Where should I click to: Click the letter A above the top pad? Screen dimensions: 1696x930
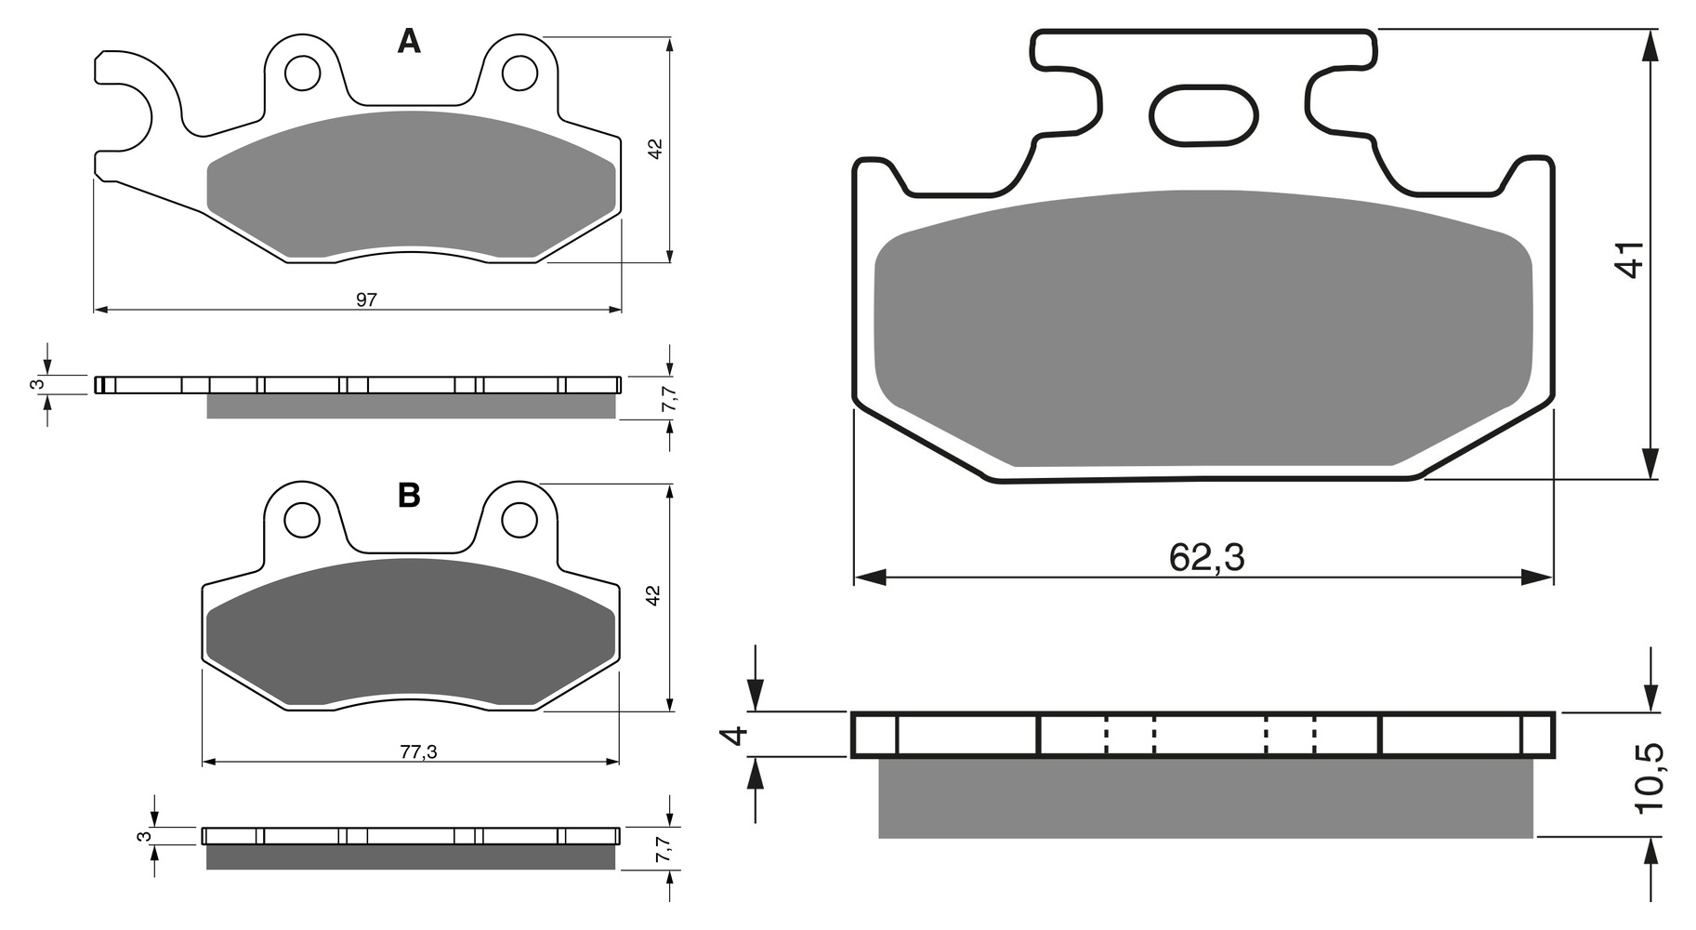point(409,41)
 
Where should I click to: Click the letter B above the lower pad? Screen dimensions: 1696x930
point(409,496)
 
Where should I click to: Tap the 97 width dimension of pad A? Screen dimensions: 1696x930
point(366,299)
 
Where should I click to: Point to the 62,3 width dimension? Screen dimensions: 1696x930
point(1206,557)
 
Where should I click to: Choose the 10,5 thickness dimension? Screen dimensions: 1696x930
point(1650,779)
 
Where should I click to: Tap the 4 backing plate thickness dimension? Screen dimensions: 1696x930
point(735,736)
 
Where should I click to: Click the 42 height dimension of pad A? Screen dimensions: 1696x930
point(654,149)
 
